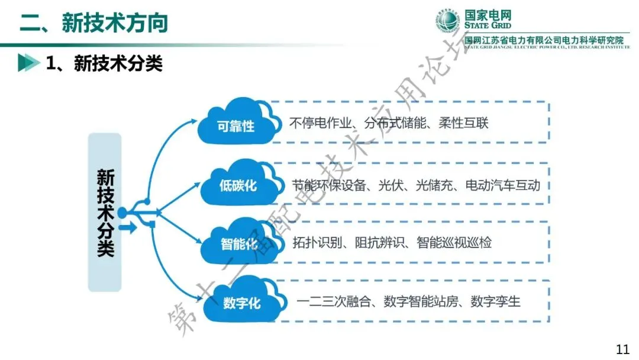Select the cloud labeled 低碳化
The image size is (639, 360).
(x=238, y=184)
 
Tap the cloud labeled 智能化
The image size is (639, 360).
(x=238, y=242)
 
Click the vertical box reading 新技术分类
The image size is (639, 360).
(x=105, y=213)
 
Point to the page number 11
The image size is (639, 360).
(x=622, y=349)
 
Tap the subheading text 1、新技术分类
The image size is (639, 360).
(x=104, y=63)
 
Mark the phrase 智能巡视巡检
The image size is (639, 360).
(x=454, y=242)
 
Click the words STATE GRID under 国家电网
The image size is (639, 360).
(x=488, y=26)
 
